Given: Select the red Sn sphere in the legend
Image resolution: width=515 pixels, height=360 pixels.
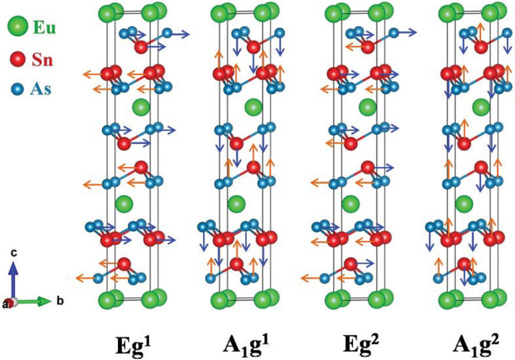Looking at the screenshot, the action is [16, 59].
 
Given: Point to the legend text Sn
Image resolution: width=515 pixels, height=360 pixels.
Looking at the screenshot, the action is [42, 60].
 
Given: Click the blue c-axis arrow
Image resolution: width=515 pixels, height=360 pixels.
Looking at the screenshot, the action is [13, 279].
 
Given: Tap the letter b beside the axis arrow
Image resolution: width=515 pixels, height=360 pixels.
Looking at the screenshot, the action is [60, 301].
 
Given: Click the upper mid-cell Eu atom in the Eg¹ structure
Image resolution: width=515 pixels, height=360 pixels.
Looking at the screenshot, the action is [141, 106].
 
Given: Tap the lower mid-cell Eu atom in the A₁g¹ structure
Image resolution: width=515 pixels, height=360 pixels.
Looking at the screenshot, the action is [236, 204].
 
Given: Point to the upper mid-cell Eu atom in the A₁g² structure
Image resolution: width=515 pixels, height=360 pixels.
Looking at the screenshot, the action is [481, 106].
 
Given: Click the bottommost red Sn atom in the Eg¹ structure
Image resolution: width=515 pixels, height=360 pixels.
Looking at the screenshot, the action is [124, 264].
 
